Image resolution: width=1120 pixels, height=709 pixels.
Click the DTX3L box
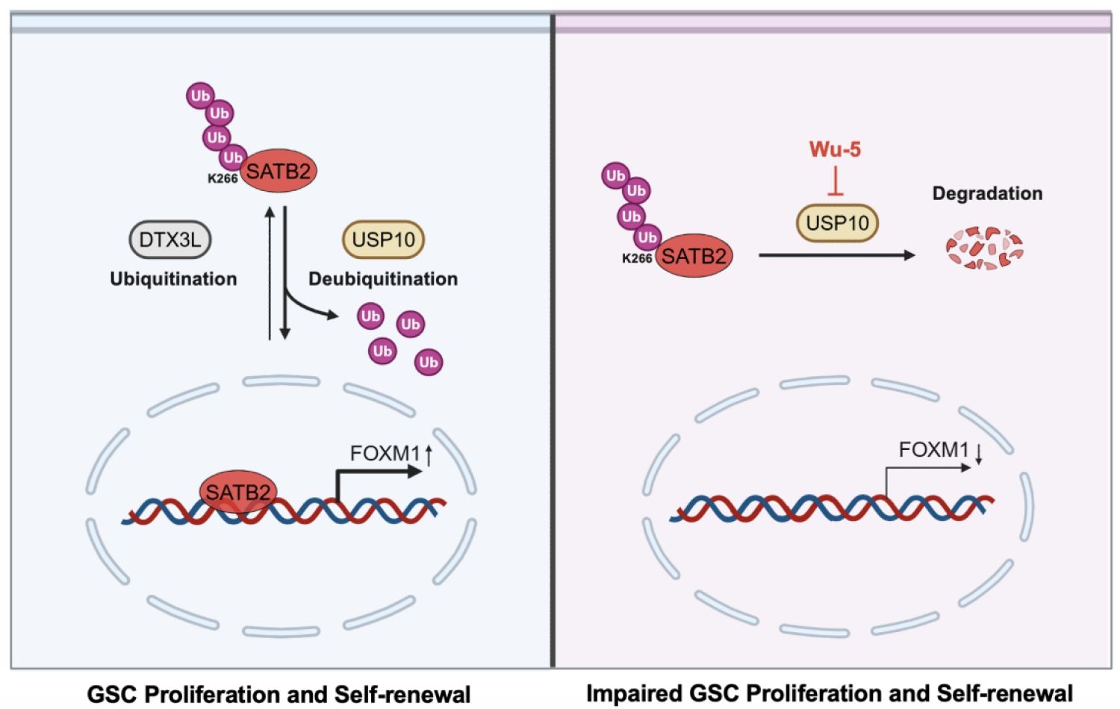(170, 240)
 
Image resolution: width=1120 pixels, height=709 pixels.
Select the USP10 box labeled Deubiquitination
(383, 240)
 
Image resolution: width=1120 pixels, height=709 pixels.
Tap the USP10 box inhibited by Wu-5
(837, 222)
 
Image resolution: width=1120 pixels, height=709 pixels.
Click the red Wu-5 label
(835, 149)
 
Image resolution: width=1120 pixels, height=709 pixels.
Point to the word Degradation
(987, 193)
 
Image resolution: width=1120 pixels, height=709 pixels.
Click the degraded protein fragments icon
(985, 249)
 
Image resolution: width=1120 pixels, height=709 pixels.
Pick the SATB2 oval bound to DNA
(237, 493)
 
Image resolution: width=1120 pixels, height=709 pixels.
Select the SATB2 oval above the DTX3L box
(278, 171)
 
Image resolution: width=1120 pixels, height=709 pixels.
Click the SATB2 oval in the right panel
(694, 257)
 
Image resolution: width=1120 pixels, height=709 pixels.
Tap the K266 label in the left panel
(223, 179)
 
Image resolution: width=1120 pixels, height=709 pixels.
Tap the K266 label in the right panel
(637, 259)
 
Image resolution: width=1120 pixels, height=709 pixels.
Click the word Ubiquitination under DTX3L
(173, 279)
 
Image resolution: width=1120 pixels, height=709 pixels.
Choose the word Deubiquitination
(383, 279)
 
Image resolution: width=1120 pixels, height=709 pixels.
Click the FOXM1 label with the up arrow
(385, 453)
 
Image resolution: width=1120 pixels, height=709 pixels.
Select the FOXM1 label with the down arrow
(933, 450)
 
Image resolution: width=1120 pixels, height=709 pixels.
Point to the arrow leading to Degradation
(836, 255)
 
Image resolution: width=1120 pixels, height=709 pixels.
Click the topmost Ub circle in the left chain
(200, 96)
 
